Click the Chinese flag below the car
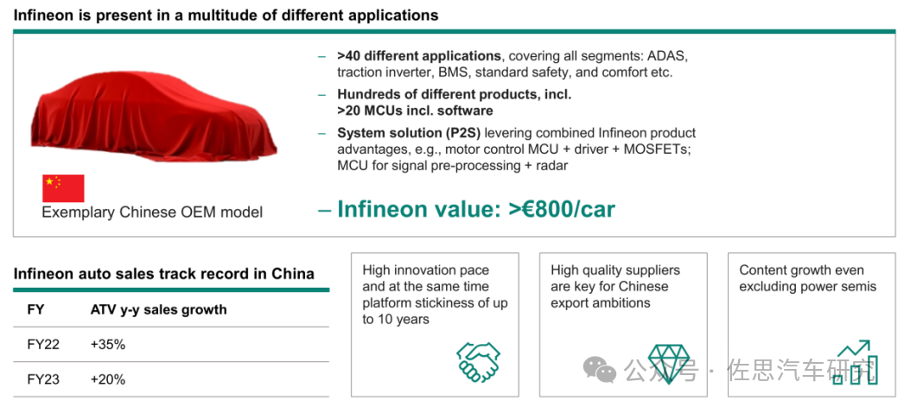click(63, 188)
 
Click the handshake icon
click(479, 362)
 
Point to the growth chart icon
click(856, 363)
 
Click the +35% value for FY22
click(108, 345)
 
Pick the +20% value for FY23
click(108, 379)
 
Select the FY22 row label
click(43, 345)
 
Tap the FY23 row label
click(43, 379)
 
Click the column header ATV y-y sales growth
click(158, 309)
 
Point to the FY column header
click(35, 309)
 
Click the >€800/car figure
click(562, 209)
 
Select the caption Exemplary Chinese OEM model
click(152, 213)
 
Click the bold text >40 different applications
click(419, 56)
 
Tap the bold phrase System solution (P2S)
click(409, 133)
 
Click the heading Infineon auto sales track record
click(163, 273)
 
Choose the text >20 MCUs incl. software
click(415, 110)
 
